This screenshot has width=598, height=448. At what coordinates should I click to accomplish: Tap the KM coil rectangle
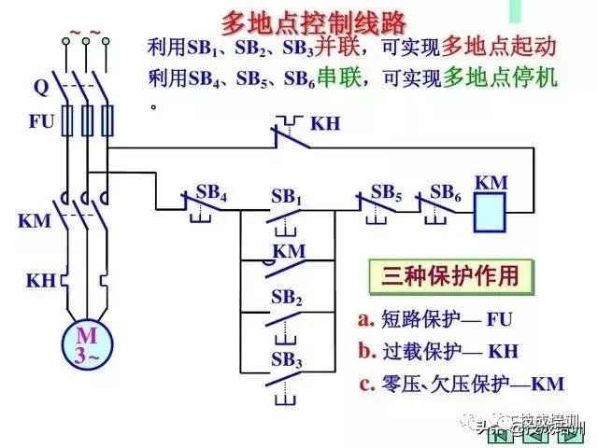(x=491, y=214)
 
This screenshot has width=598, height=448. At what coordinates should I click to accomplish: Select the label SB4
(x=213, y=192)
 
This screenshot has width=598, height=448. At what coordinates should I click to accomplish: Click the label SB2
(x=287, y=298)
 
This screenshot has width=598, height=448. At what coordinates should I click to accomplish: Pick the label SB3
(x=287, y=359)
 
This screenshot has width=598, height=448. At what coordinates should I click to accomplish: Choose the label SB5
(x=387, y=191)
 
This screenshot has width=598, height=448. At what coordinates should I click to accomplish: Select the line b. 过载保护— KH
(x=437, y=351)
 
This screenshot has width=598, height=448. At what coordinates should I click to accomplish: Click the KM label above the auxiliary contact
(x=289, y=251)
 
